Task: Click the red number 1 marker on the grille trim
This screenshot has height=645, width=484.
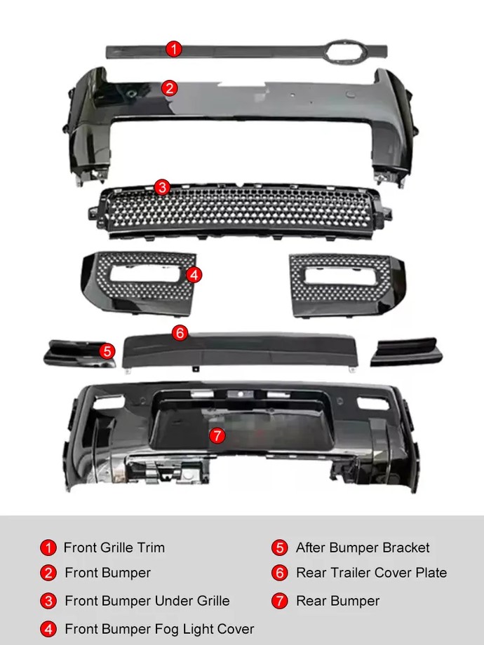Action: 174,49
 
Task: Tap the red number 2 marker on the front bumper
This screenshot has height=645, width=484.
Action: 169,88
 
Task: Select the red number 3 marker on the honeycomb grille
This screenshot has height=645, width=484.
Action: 162,187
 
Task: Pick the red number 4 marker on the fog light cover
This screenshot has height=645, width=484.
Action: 194,275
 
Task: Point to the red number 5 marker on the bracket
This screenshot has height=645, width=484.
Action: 107,351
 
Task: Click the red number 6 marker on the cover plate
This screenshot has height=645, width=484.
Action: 180,333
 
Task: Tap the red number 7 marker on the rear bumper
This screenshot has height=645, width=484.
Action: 217,435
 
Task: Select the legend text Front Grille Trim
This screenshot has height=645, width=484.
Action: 114,548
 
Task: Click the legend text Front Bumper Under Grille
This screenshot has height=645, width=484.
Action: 147,601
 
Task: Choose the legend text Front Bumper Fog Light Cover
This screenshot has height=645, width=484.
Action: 159,629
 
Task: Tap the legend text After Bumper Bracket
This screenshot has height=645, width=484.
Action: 363,548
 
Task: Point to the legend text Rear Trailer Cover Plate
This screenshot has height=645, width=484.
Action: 371,573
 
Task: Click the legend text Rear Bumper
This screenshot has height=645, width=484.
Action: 338,601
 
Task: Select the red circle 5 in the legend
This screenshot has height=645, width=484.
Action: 279,548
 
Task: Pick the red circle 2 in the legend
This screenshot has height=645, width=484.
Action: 48,573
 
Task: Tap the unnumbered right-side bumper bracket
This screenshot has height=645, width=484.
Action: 406,353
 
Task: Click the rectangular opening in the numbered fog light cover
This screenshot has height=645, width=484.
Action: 145,273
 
